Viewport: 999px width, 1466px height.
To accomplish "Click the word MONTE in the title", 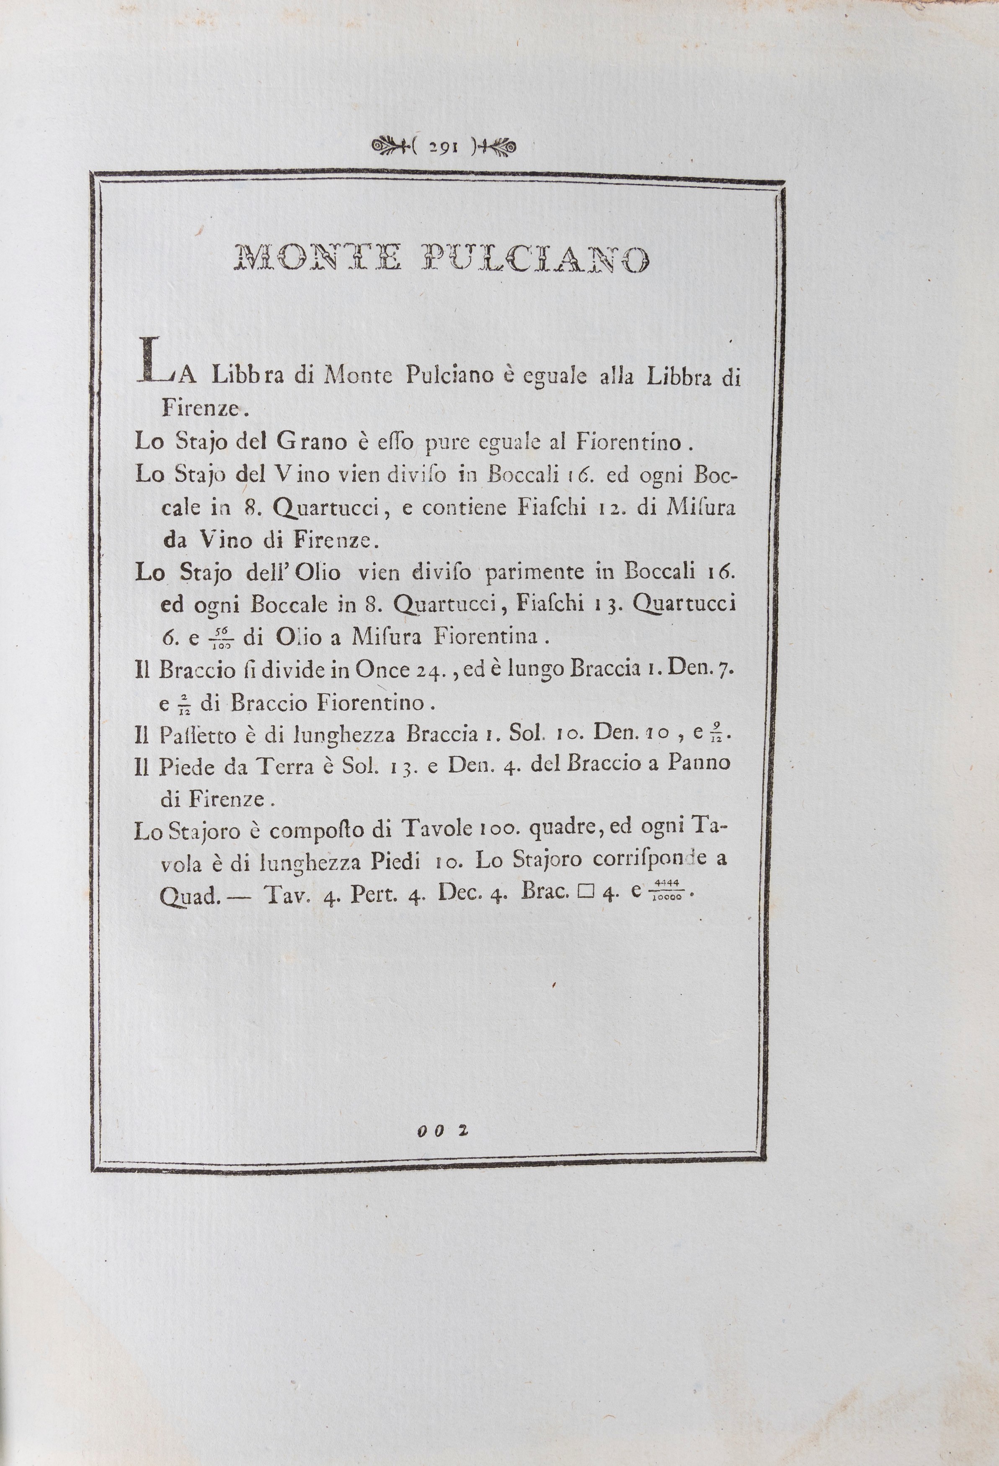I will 317,258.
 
